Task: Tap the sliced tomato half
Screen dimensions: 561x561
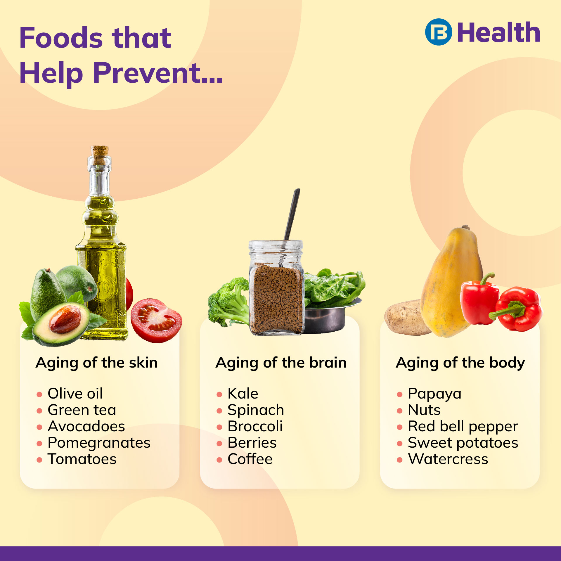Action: [x=156, y=320]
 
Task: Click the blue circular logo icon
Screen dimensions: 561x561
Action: [x=438, y=32]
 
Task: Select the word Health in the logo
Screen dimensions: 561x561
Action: [x=498, y=33]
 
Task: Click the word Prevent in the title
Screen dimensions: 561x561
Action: [x=158, y=73]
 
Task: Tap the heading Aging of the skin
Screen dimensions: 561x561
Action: [x=96, y=363]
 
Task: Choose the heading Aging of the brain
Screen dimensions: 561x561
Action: [x=281, y=363]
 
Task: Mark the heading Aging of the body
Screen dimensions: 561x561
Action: [x=460, y=363]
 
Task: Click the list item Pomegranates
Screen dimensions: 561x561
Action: [x=99, y=443]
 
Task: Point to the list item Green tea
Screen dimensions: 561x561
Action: [x=82, y=410]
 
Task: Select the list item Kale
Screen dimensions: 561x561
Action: [x=243, y=393]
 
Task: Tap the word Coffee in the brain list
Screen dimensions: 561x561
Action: [x=250, y=459]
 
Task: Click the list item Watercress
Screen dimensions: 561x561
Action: [x=448, y=459]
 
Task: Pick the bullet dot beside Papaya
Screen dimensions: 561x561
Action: [x=400, y=394]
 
